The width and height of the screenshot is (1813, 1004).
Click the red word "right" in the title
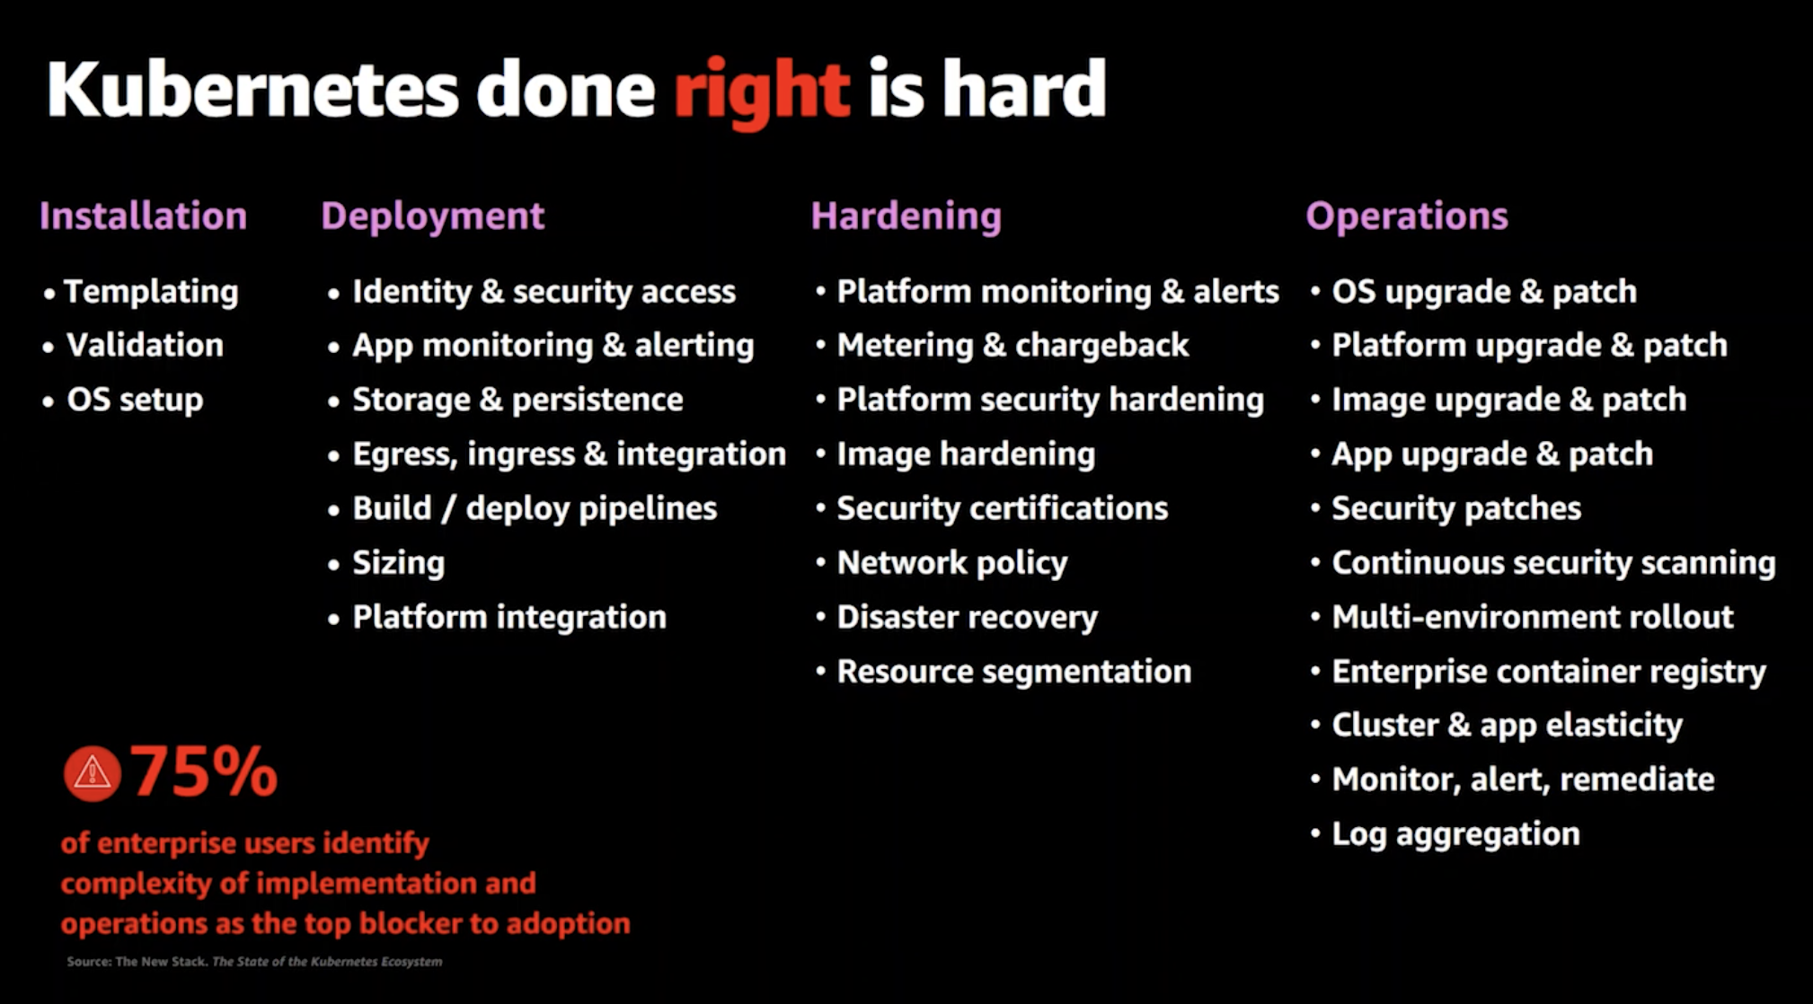click(x=762, y=92)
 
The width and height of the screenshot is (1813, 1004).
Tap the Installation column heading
click(x=143, y=216)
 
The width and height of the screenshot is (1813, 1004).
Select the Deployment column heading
click(x=432, y=217)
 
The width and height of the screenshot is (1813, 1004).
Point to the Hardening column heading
click(x=906, y=217)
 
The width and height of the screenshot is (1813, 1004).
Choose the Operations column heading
click(x=1406, y=217)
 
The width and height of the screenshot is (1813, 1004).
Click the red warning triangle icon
click(x=92, y=773)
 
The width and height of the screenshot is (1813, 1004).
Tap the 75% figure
click(x=204, y=771)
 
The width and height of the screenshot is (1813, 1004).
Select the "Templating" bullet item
click(x=151, y=292)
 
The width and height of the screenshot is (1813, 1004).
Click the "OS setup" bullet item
click(x=135, y=400)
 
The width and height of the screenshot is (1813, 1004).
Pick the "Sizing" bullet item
click(x=398, y=564)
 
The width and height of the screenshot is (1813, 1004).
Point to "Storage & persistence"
click(x=517, y=400)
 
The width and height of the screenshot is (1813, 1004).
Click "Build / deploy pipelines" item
click(x=535, y=508)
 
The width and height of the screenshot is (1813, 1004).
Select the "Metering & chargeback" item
click(x=1013, y=346)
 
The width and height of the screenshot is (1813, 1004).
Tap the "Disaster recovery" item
click(x=967, y=618)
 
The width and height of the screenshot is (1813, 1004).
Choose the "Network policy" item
click(x=952, y=563)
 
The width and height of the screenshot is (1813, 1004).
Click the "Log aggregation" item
click(x=1455, y=834)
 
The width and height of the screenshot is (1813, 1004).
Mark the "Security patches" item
click(x=1456, y=508)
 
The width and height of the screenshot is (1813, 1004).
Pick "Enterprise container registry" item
click(x=1549, y=672)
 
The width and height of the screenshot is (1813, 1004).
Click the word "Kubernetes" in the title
click(x=252, y=89)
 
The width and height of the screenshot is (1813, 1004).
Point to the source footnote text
click(x=254, y=962)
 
